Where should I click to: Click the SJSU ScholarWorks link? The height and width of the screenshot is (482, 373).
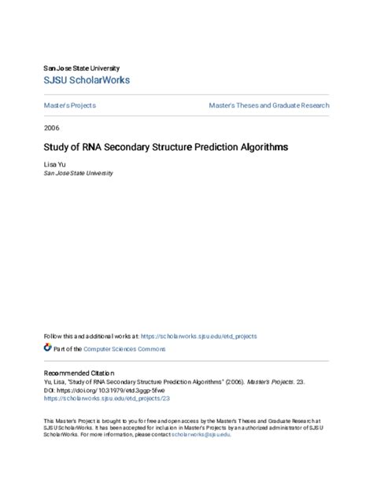coord(87,80)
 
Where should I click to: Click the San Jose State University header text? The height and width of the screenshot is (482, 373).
coord(81,68)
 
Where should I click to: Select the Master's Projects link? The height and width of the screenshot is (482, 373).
coord(70,105)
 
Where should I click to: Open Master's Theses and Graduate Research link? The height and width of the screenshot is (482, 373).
coord(269,105)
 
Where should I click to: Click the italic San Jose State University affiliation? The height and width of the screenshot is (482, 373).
coord(78,174)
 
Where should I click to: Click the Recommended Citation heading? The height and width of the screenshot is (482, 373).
coord(79,373)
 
